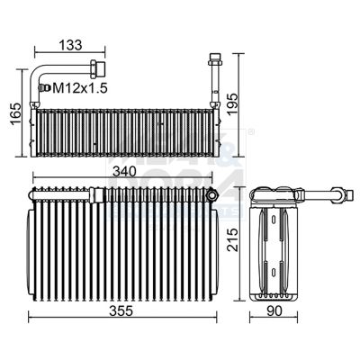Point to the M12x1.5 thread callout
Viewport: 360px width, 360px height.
pos(80,87)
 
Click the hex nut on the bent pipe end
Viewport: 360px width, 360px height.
pos(95,67)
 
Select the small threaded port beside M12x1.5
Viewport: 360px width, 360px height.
pos(41,87)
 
